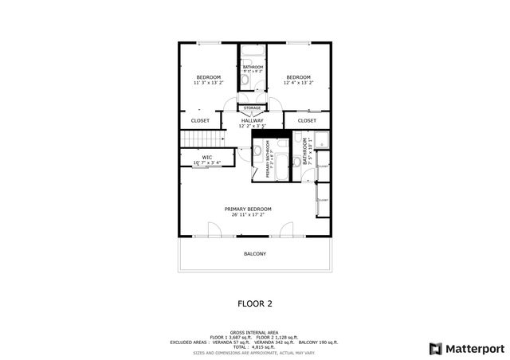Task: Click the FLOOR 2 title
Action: pos(255,303)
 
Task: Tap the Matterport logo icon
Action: pos(434,348)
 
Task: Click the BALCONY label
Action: pos(255,254)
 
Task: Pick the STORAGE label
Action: pos(252,108)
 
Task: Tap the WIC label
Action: pos(206,157)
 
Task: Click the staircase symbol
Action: pos(196,141)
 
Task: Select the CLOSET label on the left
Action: pos(200,120)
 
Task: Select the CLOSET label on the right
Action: pos(307,120)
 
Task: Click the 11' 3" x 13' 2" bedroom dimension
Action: pos(209,82)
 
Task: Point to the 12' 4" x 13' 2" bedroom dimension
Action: pos(299,82)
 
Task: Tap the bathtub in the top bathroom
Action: pos(252,52)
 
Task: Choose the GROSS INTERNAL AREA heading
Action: pos(254,332)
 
